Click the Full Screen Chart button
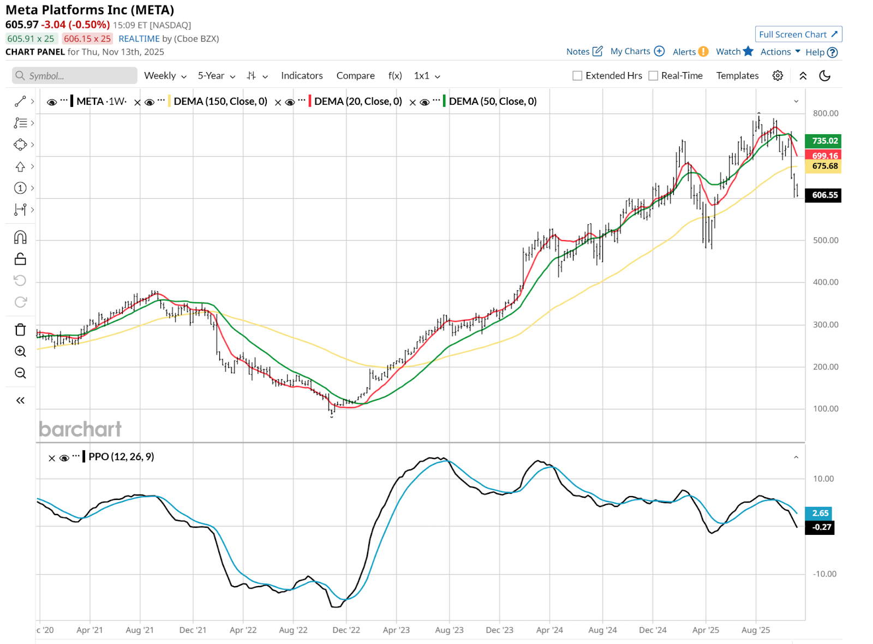[x=798, y=34]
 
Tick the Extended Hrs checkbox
[x=577, y=76]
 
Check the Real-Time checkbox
[x=653, y=76]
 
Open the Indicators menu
[x=302, y=76]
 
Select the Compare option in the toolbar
[x=355, y=76]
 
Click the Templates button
[x=737, y=76]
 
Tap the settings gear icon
[x=778, y=76]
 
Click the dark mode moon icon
[x=824, y=76]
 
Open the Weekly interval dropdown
[x=165, y=76]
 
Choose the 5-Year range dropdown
[x=216, y=76]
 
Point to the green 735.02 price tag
[x=824, y=141]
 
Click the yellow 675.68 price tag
[x=824, y=166]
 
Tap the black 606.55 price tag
[x=824, y=195]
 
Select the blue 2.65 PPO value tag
[x=820, y=513]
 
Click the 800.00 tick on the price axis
[x=825, y=114]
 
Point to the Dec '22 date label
[x=346, y=630]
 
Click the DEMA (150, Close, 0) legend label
[x=220, y=102]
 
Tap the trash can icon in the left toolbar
[x=20, y=330]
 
